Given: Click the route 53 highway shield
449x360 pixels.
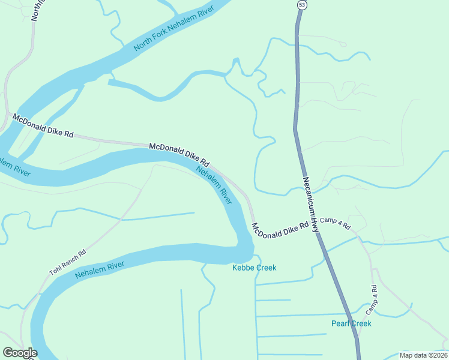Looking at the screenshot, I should (x=301, y=4).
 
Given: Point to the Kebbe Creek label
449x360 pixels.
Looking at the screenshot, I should (x=254, y=268).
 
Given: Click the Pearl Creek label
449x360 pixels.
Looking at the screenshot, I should (x=351, y=323).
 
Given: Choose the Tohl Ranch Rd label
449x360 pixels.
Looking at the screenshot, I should (x=67, y=263).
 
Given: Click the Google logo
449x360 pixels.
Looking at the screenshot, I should (x=20, y=353).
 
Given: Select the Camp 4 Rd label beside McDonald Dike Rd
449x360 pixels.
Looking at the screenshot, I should (x=335, y=223).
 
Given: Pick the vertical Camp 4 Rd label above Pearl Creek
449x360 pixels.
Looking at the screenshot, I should (x=372, y=298).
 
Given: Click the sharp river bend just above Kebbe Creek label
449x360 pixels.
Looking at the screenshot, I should (x=245, y=246).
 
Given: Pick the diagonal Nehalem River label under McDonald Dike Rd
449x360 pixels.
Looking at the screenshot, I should (x=215, y=184).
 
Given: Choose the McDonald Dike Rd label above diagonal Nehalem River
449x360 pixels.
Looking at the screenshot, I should (x=178, y=154).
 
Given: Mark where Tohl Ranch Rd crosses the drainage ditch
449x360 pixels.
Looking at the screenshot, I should (x=121, y=220).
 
